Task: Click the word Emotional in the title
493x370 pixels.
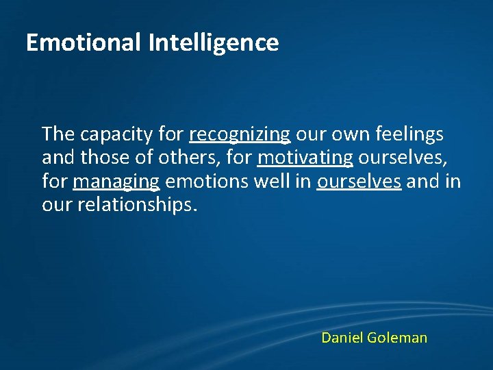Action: tap(84, 42)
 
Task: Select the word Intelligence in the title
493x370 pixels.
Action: tap(213, 43)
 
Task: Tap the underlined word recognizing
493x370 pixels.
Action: tap(240, 134)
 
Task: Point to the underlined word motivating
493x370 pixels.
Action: tap(305, 158)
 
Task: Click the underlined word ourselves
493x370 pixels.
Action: tap(359, 182)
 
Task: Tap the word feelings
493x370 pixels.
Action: tap(409, 134)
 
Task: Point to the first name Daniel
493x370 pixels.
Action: tap(342, 338)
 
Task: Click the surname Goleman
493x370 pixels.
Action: tap(397, 338)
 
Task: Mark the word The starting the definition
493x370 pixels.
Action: tap(57, 134)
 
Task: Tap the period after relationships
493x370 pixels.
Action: tap(195, 210)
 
